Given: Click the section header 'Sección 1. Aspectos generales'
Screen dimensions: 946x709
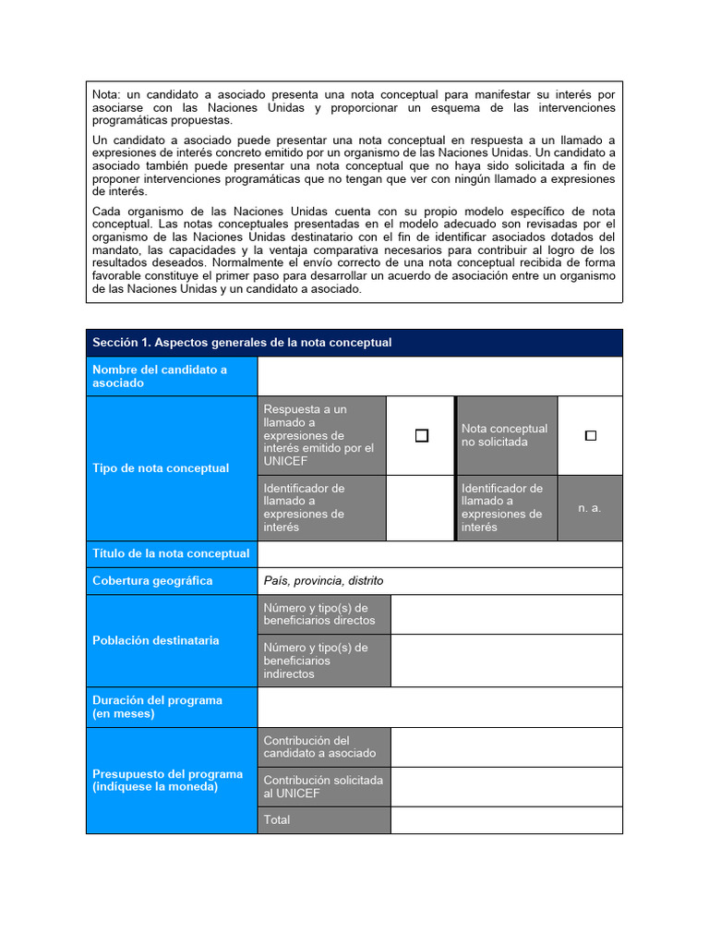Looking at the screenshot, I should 242,343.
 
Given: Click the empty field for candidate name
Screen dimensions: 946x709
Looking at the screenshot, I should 439,376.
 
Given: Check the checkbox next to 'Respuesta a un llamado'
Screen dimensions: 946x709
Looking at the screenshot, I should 422,436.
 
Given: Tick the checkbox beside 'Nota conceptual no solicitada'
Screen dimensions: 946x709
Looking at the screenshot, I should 591,436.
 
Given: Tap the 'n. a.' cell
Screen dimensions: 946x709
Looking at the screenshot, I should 590,508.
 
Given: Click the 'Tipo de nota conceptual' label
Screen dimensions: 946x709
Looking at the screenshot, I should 161,468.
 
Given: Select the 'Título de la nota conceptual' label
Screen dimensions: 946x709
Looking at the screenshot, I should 171,553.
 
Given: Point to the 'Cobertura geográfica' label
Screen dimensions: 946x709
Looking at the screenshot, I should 152,581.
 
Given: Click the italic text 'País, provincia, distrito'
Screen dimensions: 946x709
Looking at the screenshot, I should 323,581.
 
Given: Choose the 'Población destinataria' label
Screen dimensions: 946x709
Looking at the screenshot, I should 156,640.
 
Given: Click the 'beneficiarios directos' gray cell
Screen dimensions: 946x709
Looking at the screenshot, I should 323,614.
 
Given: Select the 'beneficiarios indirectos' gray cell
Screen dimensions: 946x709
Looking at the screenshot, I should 323,661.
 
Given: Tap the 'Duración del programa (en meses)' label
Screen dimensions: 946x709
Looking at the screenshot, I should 157,707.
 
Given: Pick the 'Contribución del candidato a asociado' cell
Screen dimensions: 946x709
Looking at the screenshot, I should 323,746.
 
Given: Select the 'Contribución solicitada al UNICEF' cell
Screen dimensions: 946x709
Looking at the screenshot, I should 323,786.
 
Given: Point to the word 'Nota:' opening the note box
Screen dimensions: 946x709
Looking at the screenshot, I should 106,94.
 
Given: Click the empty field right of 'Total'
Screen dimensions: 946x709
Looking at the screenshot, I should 506,819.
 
